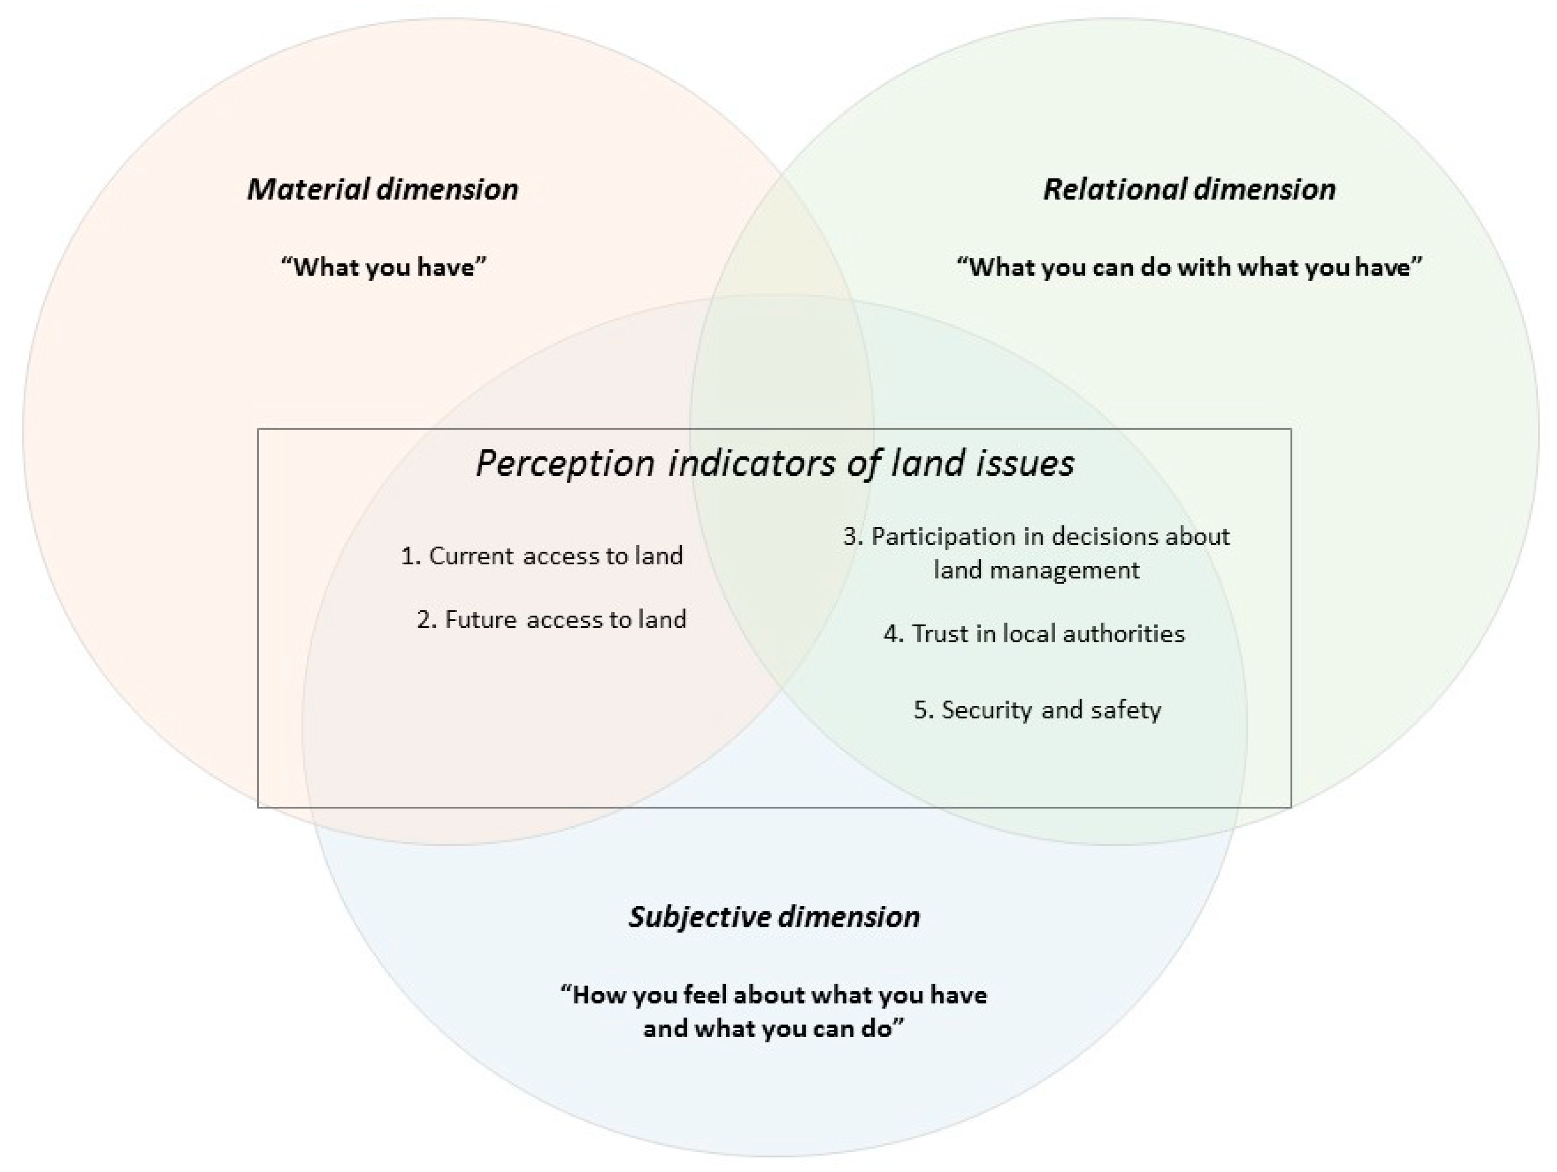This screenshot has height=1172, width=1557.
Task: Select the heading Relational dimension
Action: [x=1189, y=189]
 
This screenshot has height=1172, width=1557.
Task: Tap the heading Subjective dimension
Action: [x=774, y=917]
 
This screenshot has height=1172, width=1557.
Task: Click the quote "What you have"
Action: [x=383, y=268]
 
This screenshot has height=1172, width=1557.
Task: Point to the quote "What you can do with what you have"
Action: [x=1189, y=268]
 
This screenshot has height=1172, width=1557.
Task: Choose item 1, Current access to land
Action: [x=541, y=556]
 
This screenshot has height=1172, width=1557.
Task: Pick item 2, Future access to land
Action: [x=551, y=619]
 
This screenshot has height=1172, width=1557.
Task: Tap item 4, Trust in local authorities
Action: [x=1034, y=634]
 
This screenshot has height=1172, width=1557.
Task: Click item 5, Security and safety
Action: [x=1038, y=709]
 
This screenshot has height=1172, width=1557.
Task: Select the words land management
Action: [x=1036, y=570]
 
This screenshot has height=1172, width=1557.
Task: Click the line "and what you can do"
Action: [x=773, y=1029]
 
